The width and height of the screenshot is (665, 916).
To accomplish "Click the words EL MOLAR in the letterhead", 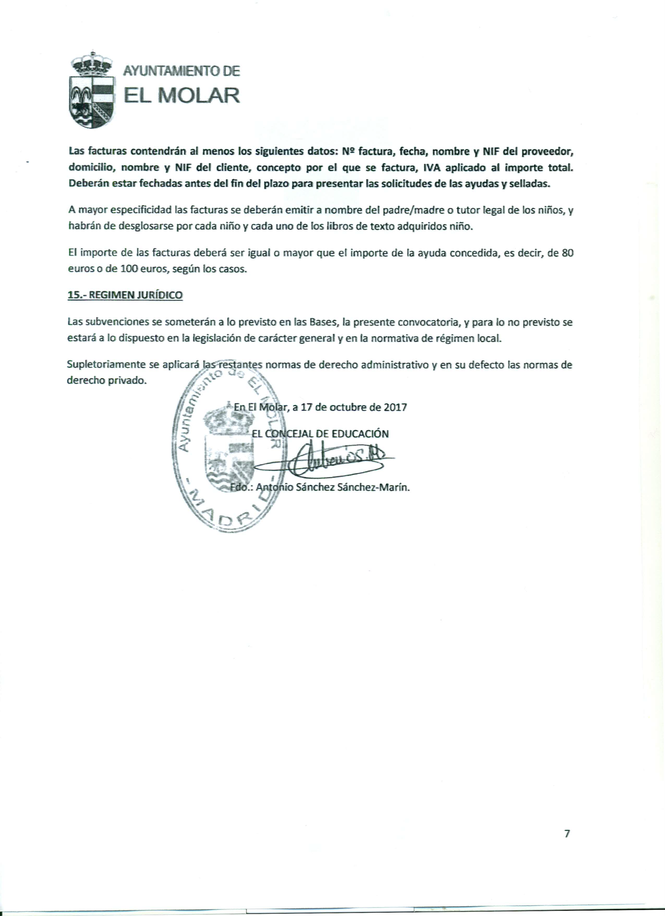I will click(x=182, y=95).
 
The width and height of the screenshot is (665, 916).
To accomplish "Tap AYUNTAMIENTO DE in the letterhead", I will click(x=182, y=71).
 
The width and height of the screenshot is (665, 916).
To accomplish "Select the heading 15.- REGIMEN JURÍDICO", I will click(x=125, y=295).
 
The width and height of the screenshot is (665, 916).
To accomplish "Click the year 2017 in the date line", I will click(x=395, y=407).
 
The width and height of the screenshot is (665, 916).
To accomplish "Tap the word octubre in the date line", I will click(x=347, y=407).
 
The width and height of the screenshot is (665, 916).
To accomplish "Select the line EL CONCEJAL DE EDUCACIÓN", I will click(x=320, y=434).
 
